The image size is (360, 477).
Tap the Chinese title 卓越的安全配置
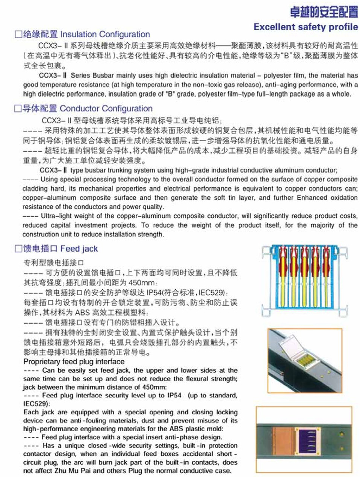pos(324,12)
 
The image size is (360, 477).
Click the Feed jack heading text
pos(79,249)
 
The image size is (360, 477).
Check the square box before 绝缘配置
pos(18,35)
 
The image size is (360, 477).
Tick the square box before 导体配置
pos(18,109)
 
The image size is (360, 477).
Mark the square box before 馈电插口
pos(18,249)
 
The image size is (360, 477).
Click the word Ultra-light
pos(54,216)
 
